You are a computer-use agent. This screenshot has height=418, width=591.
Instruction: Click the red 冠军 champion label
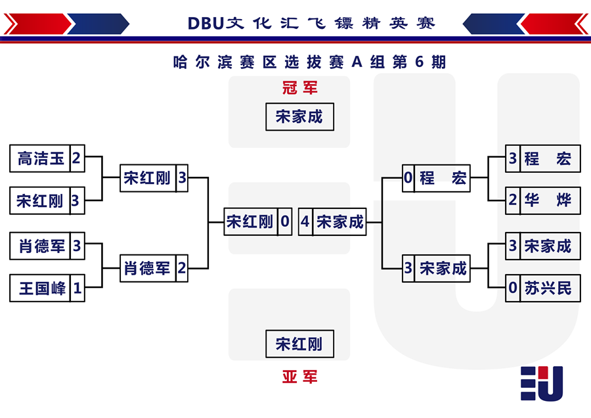pos(300,88)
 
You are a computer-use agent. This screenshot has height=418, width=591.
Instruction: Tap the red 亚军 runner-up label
pos(300,377)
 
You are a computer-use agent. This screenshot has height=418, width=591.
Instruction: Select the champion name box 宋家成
pos(299,117)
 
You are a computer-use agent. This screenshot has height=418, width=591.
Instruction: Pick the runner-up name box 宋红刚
pos(299,344)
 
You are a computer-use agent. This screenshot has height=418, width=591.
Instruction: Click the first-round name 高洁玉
pos(41,158)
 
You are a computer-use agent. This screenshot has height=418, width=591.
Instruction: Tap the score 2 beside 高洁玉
pos(77,158)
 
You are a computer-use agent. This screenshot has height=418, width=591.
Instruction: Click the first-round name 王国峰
pos(42,289)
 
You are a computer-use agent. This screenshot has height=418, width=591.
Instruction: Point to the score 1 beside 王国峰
pos(77,289)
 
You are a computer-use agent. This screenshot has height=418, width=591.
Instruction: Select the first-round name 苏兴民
pos(548,289)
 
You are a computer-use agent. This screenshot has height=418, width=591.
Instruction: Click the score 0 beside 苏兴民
pos(513,288)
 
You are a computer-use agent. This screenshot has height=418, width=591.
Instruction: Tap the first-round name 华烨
pos(548,200)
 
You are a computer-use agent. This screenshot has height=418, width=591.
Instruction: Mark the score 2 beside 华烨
pos(513,200)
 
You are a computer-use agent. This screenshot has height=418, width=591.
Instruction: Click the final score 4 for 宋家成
pos(305,221)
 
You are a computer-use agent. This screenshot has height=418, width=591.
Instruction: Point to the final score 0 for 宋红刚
pos(285,221)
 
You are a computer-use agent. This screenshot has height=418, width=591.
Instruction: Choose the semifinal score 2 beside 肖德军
pos(182,268)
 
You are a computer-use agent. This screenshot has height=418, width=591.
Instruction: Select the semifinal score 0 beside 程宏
pos(408,177)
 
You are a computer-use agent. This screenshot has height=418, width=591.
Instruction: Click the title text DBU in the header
pos(206,24)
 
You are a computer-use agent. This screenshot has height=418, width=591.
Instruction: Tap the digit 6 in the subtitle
pos(419,62)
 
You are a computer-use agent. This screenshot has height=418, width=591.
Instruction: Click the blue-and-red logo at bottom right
pos(542,383)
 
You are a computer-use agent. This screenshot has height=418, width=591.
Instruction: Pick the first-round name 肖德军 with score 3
pos(42,246)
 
